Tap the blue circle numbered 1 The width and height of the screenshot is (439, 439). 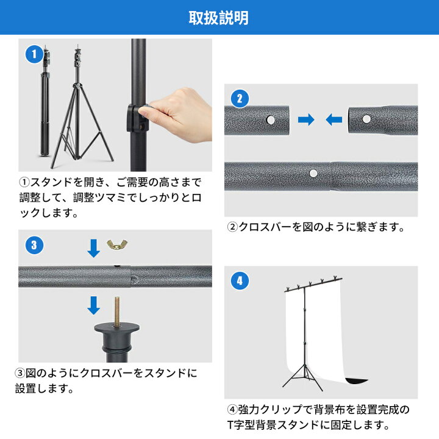[x=34, y=54]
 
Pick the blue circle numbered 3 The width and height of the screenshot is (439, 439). [x=34, y=245]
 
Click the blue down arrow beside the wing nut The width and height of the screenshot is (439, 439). [x=93, y=248]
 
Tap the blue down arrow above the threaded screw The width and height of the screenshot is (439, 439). [x=93, y=304]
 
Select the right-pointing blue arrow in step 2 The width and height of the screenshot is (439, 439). [x=306, y=120]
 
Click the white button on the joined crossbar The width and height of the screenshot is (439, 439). [x=313, y=174]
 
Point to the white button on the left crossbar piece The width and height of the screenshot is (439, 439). [x=269, y=120]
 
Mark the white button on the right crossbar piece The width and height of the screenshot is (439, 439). [x=366, y=119]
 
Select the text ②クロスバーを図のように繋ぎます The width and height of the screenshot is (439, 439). [x=316, y=227]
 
